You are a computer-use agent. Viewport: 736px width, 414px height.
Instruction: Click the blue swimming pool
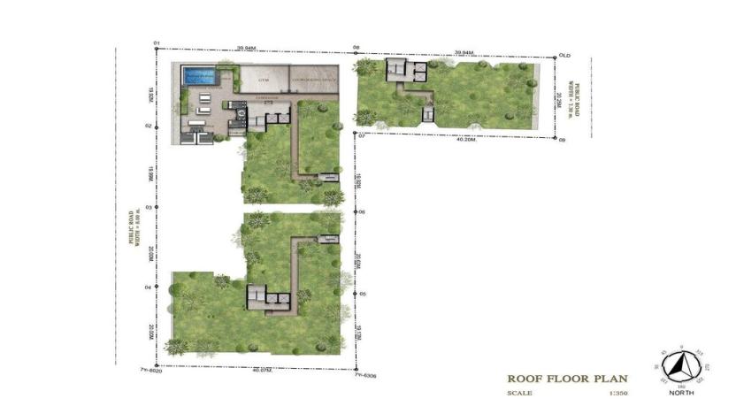(198, 76)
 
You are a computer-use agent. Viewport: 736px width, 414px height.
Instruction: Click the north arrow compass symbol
(681, 364)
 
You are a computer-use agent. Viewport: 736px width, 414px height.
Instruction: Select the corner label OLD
(565, 55)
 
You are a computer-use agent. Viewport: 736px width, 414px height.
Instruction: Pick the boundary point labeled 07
(361, 136)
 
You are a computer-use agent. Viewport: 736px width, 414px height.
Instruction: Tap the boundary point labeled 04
(147, 287)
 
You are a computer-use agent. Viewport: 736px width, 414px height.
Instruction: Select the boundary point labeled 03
(147, 207)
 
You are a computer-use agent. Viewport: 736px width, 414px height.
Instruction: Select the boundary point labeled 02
(147, 126)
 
